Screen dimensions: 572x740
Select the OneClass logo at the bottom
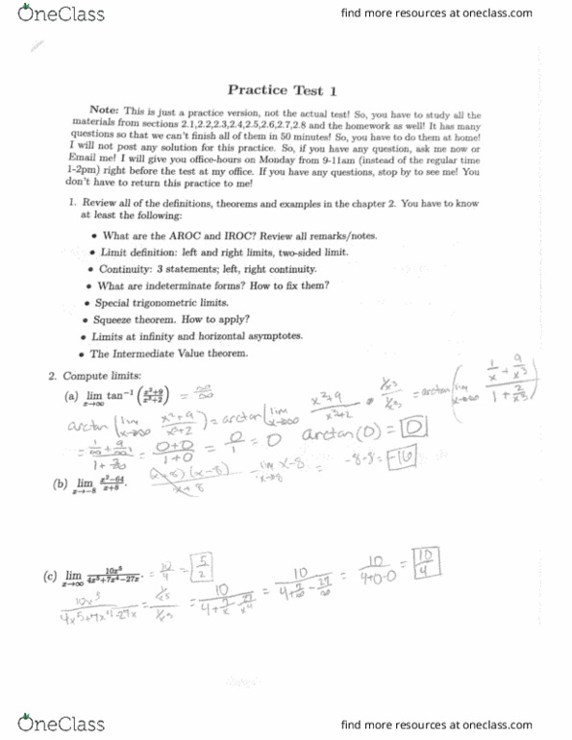pyautogui.click(x=55, y=724)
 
